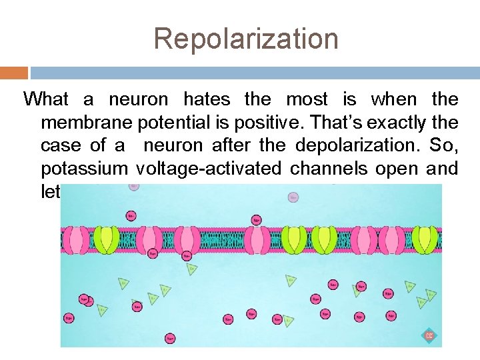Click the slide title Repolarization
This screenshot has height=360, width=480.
click(x=246, y=39)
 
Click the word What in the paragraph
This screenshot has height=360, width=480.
click(x=45, y=100)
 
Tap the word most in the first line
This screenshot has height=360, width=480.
click(x=307, y=100)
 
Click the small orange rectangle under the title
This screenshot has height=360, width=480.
click(x=14, y=73)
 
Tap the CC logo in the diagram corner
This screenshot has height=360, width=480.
click(x=429, y=335)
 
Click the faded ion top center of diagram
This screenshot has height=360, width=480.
click(x=293, y=197)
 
